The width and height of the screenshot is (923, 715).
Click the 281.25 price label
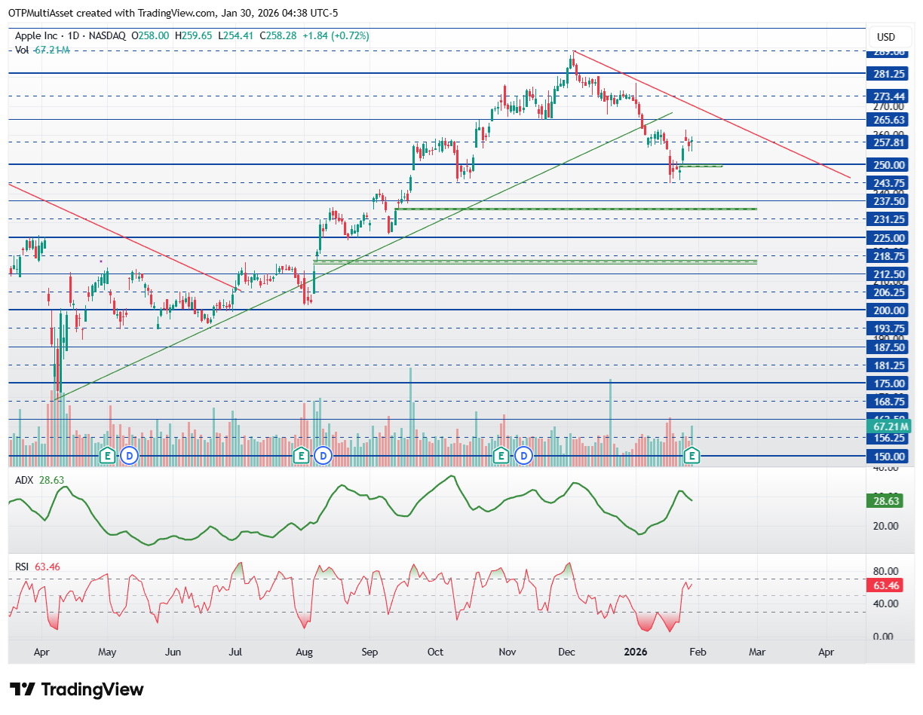(890, 74)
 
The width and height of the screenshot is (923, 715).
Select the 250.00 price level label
(890, 165)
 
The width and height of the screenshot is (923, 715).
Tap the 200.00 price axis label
(890, 310)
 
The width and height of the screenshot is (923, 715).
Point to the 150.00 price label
(890, 457)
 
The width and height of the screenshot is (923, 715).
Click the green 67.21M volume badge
(888, 426)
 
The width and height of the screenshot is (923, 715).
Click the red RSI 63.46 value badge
(888, 585)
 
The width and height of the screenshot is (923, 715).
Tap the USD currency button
(886, 37)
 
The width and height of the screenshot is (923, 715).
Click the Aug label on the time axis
(304, 651)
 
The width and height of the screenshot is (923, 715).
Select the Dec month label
(568, 651)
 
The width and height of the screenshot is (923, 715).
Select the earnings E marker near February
(692, 455)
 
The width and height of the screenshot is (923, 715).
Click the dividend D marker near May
(129, 455)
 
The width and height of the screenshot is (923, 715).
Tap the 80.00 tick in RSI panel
(885, 571)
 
